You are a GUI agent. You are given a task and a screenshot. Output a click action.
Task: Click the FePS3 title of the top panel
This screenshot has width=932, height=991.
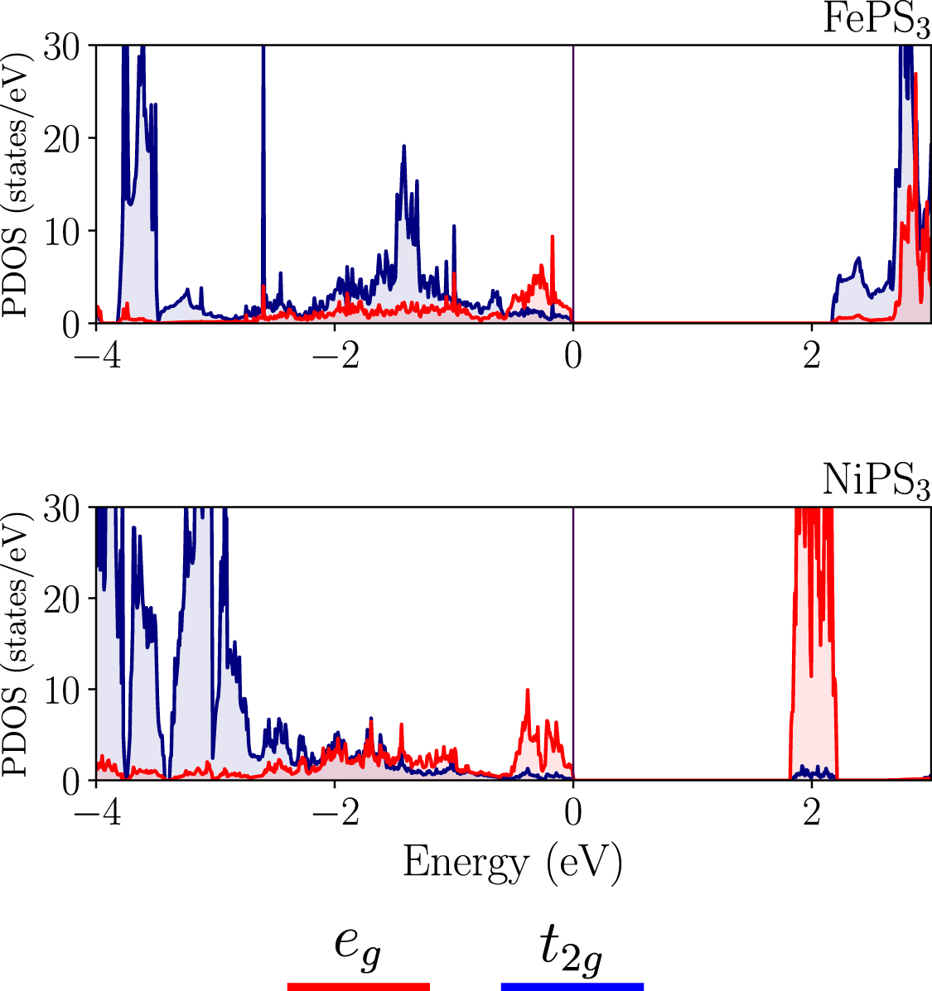coord(876,20)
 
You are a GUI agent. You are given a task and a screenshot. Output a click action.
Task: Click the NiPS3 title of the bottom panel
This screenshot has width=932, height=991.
coord(876,481)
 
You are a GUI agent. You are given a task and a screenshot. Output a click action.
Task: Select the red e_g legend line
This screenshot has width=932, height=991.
coord(358,986)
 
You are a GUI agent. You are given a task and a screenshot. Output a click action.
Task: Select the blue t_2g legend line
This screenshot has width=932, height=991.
coord(572,986)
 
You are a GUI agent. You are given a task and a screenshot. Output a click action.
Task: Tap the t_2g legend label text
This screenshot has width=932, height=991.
coord(572,949)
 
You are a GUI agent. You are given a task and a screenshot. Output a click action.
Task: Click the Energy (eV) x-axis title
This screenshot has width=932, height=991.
coord(512,864)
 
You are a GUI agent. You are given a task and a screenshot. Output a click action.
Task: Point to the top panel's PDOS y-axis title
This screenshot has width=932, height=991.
coord(18,184)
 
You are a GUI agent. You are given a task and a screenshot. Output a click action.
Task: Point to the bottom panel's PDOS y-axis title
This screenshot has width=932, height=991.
coord(18,643)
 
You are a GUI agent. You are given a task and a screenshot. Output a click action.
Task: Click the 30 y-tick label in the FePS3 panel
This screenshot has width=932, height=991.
coord(63,47)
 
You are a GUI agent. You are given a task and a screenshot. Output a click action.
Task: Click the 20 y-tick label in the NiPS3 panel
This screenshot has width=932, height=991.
coord(63,599)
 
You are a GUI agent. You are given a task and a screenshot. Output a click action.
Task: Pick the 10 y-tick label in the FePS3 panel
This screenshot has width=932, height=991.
coord(63,231)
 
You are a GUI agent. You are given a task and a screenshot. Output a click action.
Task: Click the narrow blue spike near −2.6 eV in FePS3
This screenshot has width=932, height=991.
coord(263,124)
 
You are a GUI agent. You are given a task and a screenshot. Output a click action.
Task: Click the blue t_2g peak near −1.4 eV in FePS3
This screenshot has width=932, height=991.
coord(403,149)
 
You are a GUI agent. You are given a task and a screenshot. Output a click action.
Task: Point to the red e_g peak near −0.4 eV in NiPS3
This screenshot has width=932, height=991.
coord(527,692)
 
